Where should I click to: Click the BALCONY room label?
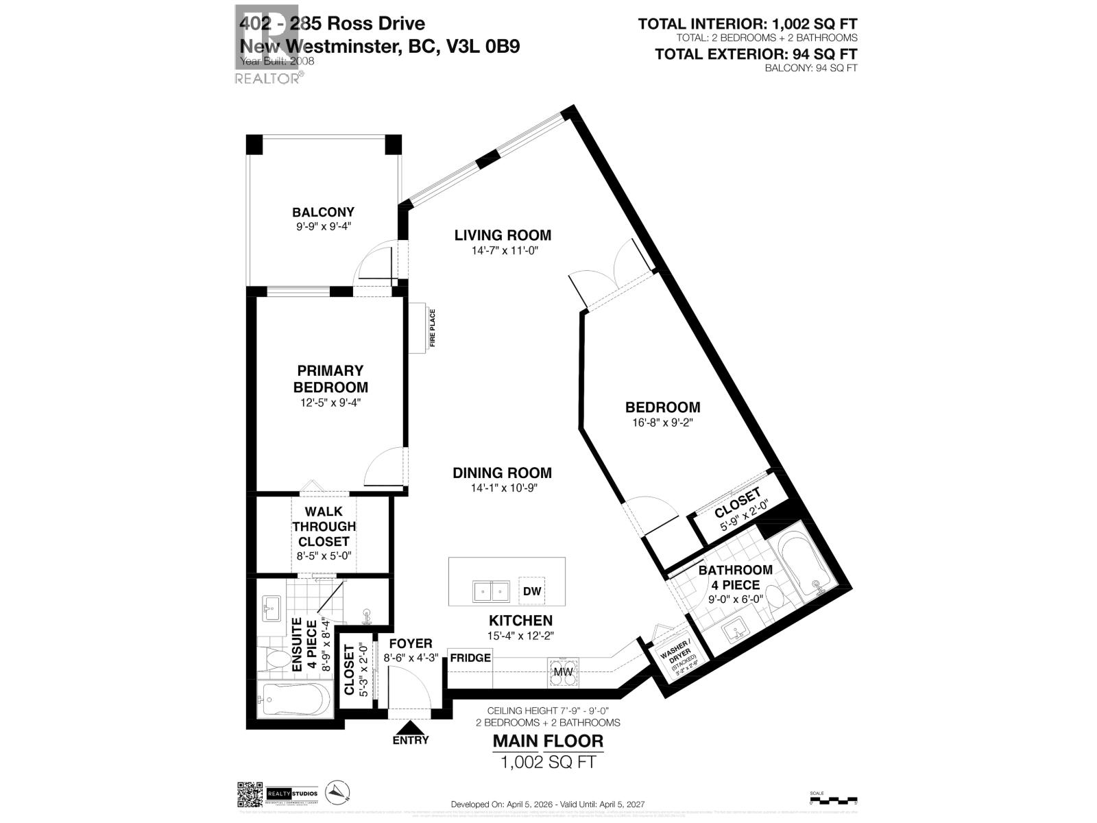pos(323,212)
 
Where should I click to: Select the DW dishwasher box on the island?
pos(532,591)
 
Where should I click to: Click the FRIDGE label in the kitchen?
pos(470,658)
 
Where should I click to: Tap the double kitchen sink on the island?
pos(491,591)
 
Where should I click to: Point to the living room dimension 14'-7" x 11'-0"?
pos(503,251)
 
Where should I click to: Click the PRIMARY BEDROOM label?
pos(330,379)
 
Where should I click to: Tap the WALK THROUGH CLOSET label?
pos(324,526)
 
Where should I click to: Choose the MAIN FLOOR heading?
pos(548,741)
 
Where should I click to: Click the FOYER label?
pos(410,643)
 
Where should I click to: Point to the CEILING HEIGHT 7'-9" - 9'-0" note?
pos(548,711)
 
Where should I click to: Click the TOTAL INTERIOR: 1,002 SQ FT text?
pos(747,24)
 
